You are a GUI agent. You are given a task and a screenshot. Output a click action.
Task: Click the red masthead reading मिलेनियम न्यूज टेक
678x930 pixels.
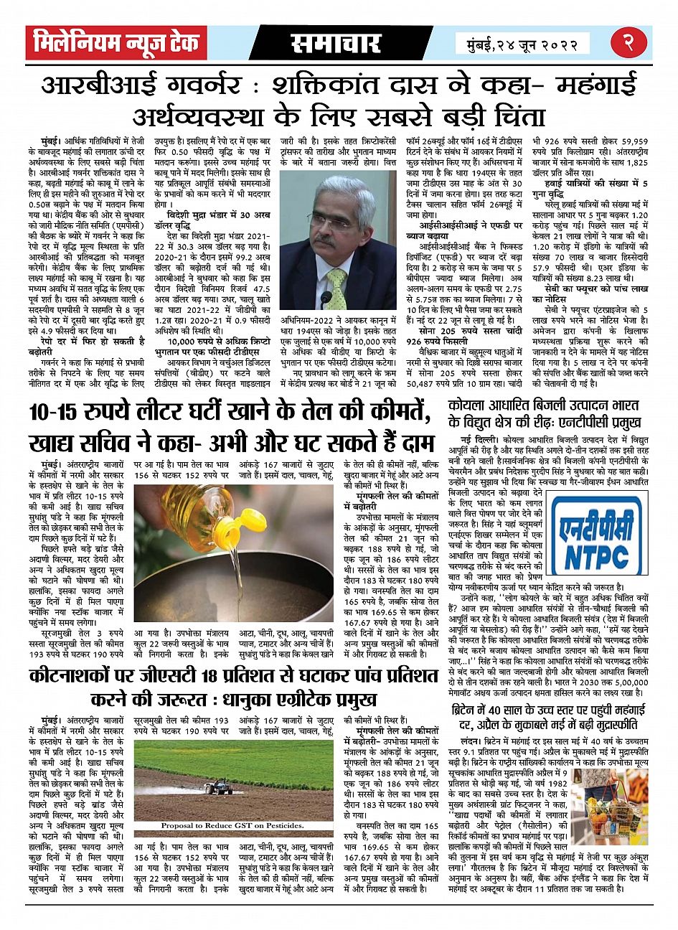pos(115,43)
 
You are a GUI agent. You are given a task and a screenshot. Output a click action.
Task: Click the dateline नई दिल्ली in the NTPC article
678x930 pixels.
pos(476,438)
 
